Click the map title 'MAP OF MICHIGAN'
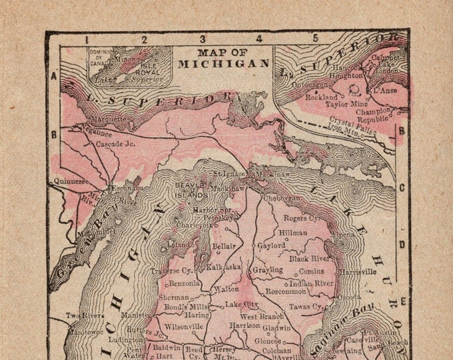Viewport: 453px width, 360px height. pos(223,58)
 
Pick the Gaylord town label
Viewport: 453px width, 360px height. pos(272,245)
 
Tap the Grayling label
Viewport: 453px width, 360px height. pos(267,270)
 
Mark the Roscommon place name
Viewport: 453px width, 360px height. pos(285,291)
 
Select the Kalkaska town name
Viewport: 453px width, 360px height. pos(223,266)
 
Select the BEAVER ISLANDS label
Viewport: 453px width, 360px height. pos(192,190)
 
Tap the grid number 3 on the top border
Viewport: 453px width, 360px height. pos(203,39)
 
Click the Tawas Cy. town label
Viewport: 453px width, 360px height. pos(308,306)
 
